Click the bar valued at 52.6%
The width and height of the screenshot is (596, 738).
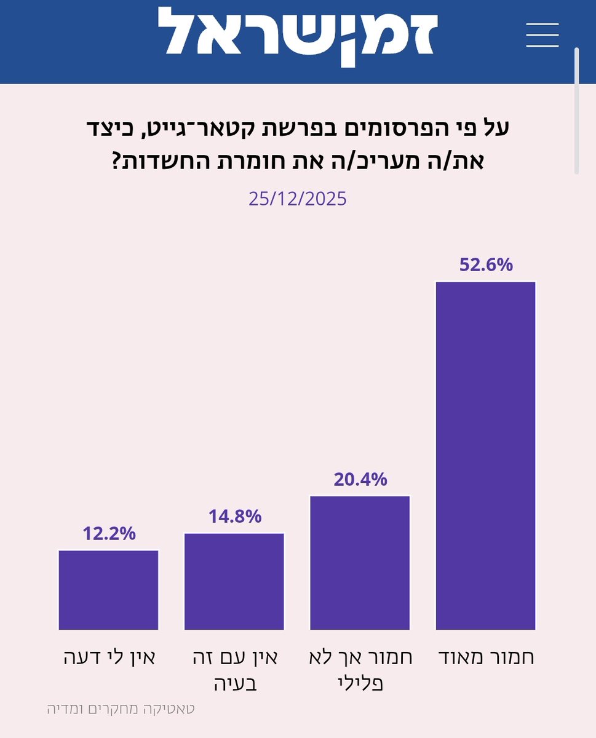pos(485,456)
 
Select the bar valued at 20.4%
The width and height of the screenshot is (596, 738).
pos(360,563)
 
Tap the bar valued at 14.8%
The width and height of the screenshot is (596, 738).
pos(234,581)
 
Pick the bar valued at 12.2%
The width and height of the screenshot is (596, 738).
pos(108,590)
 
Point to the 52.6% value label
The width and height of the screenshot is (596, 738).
pos(485,265)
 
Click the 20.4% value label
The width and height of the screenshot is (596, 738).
pos(360,479)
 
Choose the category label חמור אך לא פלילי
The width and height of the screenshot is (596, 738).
pos(360,669)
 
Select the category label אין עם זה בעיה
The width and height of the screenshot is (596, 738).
pos(234,669)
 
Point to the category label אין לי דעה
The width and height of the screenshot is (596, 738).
pos(109,657)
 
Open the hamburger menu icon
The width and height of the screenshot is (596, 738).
pos(542,34)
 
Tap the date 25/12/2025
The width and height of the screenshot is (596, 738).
pos(298,199)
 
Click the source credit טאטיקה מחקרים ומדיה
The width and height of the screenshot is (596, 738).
pos(121,708)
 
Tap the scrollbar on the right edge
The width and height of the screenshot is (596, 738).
pos(576,111)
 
